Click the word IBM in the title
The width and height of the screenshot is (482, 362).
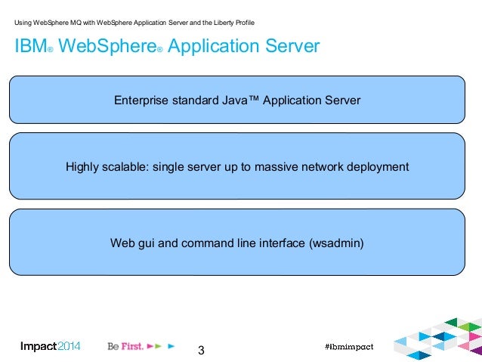(29, 47)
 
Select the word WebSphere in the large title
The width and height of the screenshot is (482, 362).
(106, 47)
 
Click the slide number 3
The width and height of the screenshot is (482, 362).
(201, 351)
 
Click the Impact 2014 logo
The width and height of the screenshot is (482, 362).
(50, 347)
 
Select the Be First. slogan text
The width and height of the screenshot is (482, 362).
(125, 347)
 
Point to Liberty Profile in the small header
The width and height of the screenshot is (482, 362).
(235, 23)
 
